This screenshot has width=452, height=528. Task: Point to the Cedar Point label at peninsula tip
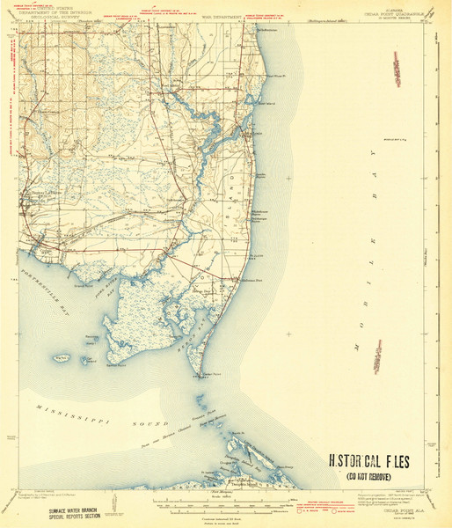coord(208,373)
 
